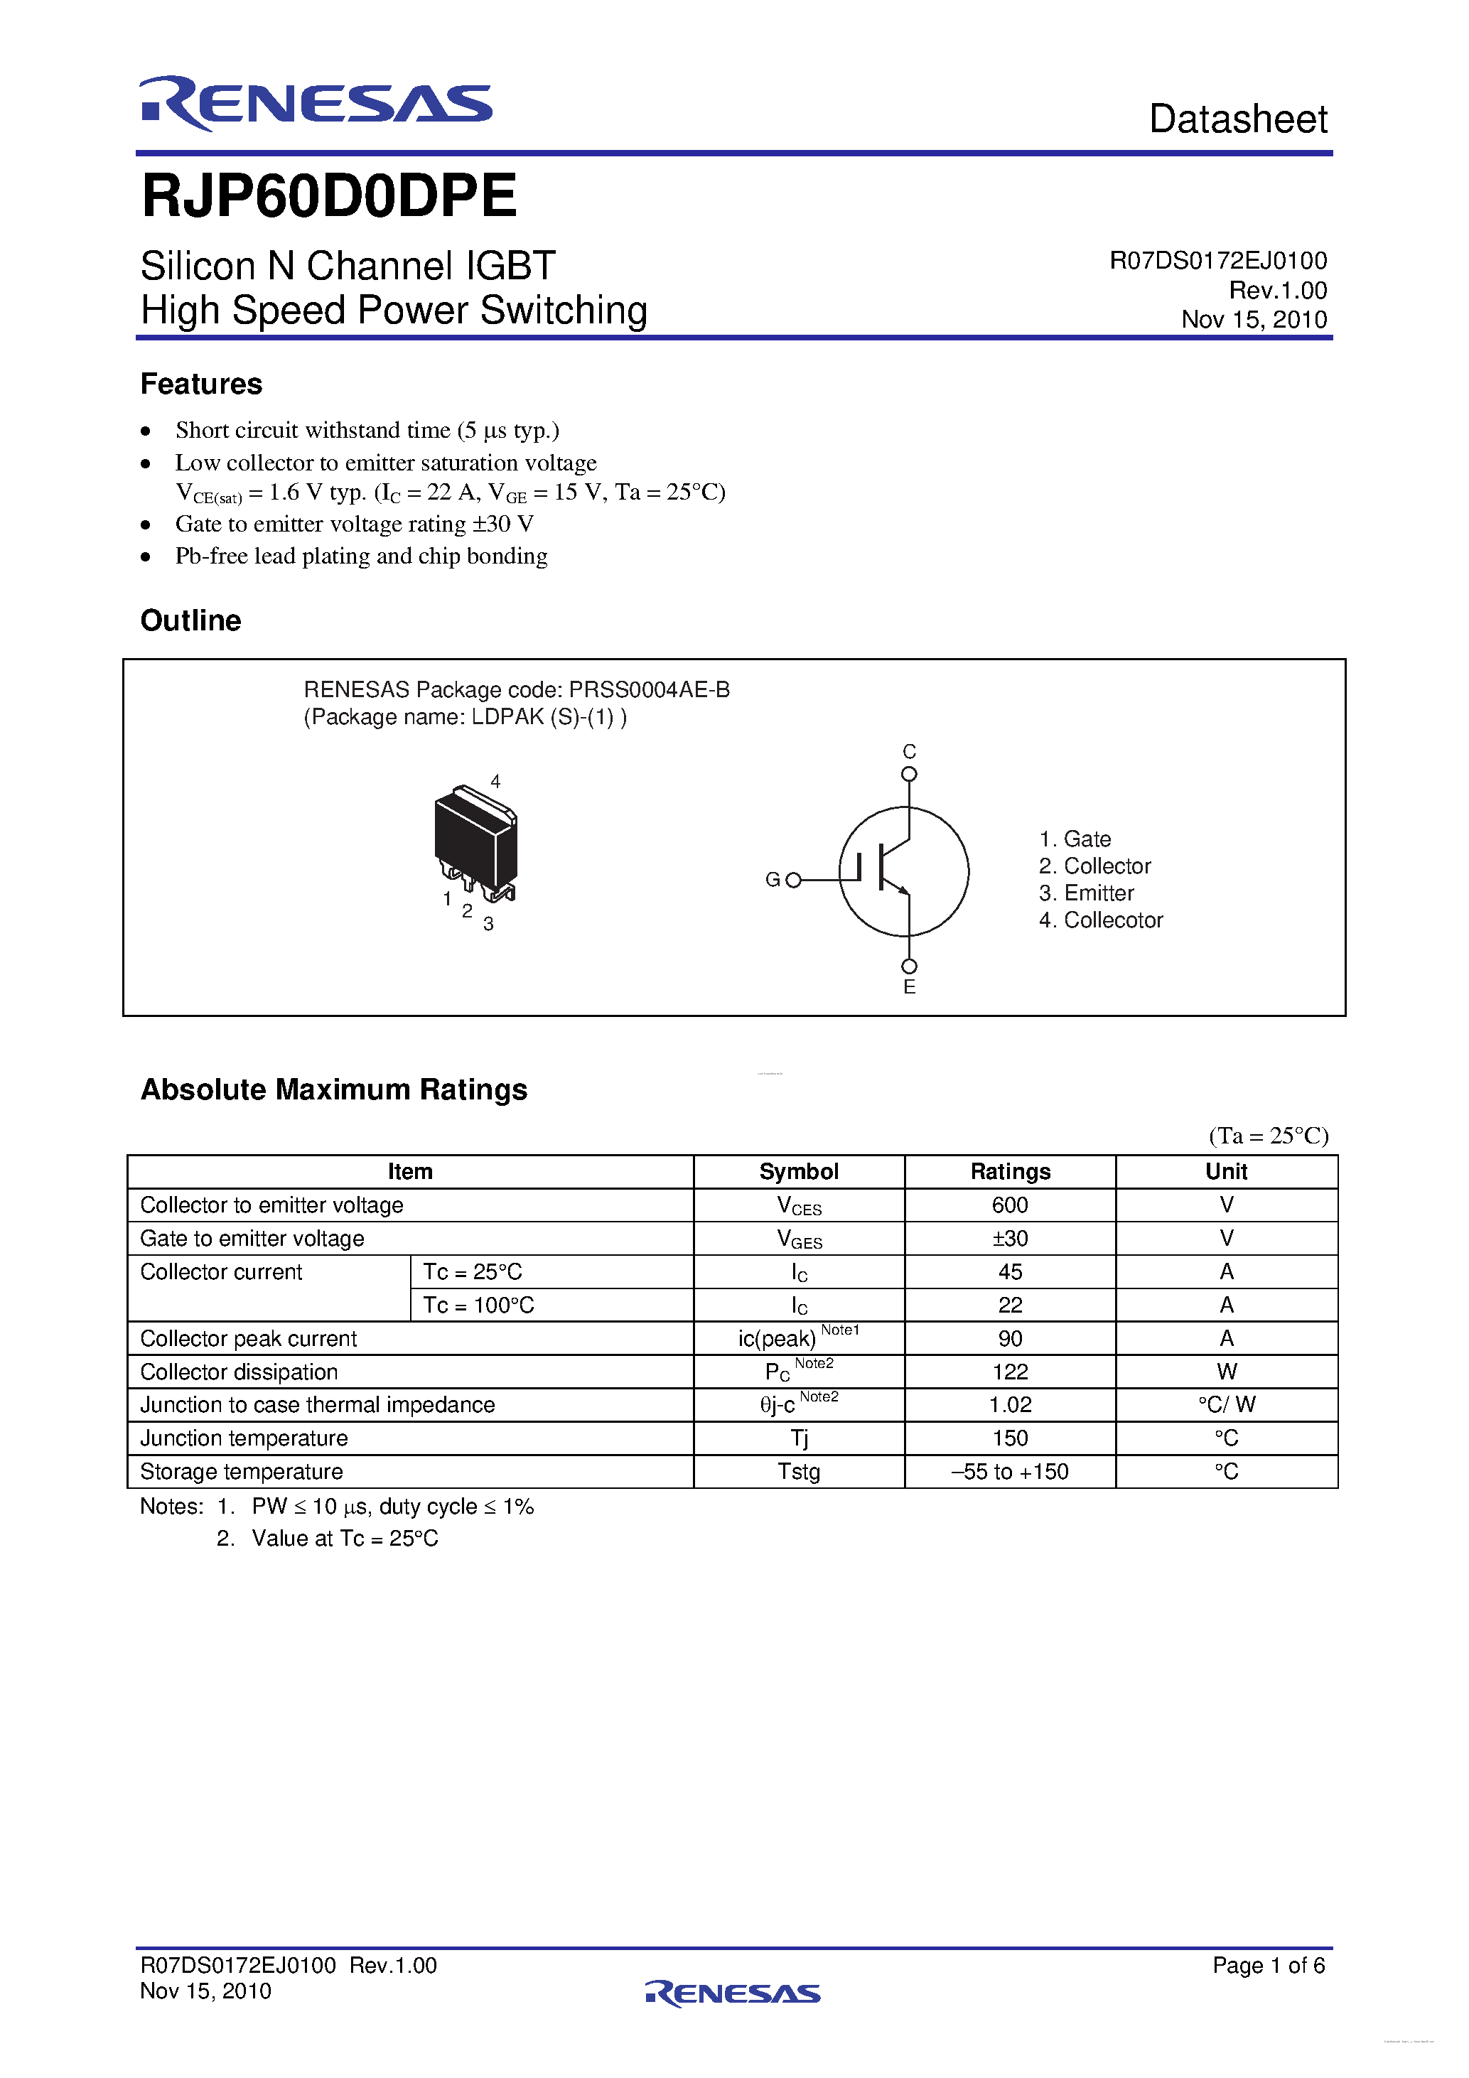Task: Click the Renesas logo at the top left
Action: click(x=315, y=103)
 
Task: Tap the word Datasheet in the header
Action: click(x=1237, y=119)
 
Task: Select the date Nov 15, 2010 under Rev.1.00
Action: click(x=1253, y=320)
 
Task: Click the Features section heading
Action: click(x=201, y=384)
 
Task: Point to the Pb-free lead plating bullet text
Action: click(x=361, y=556)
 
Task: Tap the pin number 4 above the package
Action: click(x=495, y=781)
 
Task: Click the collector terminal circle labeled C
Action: click(x=909, y=774)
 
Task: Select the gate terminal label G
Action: click(x=772, y=880)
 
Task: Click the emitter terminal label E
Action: click(x=909, y=987)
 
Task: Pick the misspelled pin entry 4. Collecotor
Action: click(x=1101, y=920)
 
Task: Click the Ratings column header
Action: click(x=1010, y=1171)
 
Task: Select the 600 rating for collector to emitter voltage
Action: click(x=1010, y=1205)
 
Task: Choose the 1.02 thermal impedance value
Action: click(x=1010, y=1405)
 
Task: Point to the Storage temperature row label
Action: click(x=242, y=1472)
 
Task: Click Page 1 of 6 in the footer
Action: click(x=1268, y=1965)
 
